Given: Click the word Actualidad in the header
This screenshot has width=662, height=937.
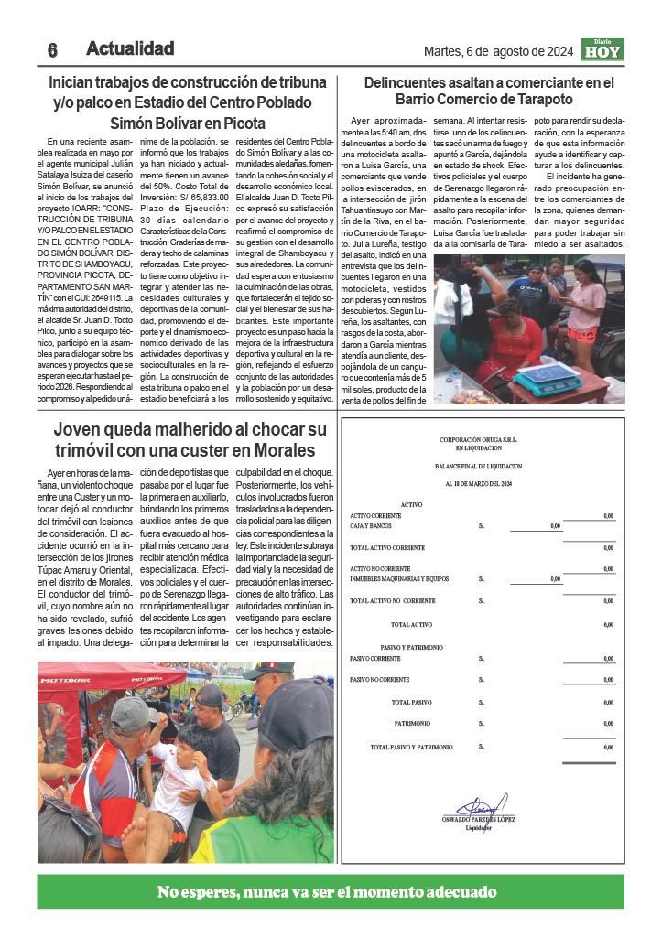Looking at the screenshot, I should click(130, 48).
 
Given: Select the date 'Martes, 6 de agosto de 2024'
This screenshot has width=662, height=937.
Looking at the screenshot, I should click(497, 51).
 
